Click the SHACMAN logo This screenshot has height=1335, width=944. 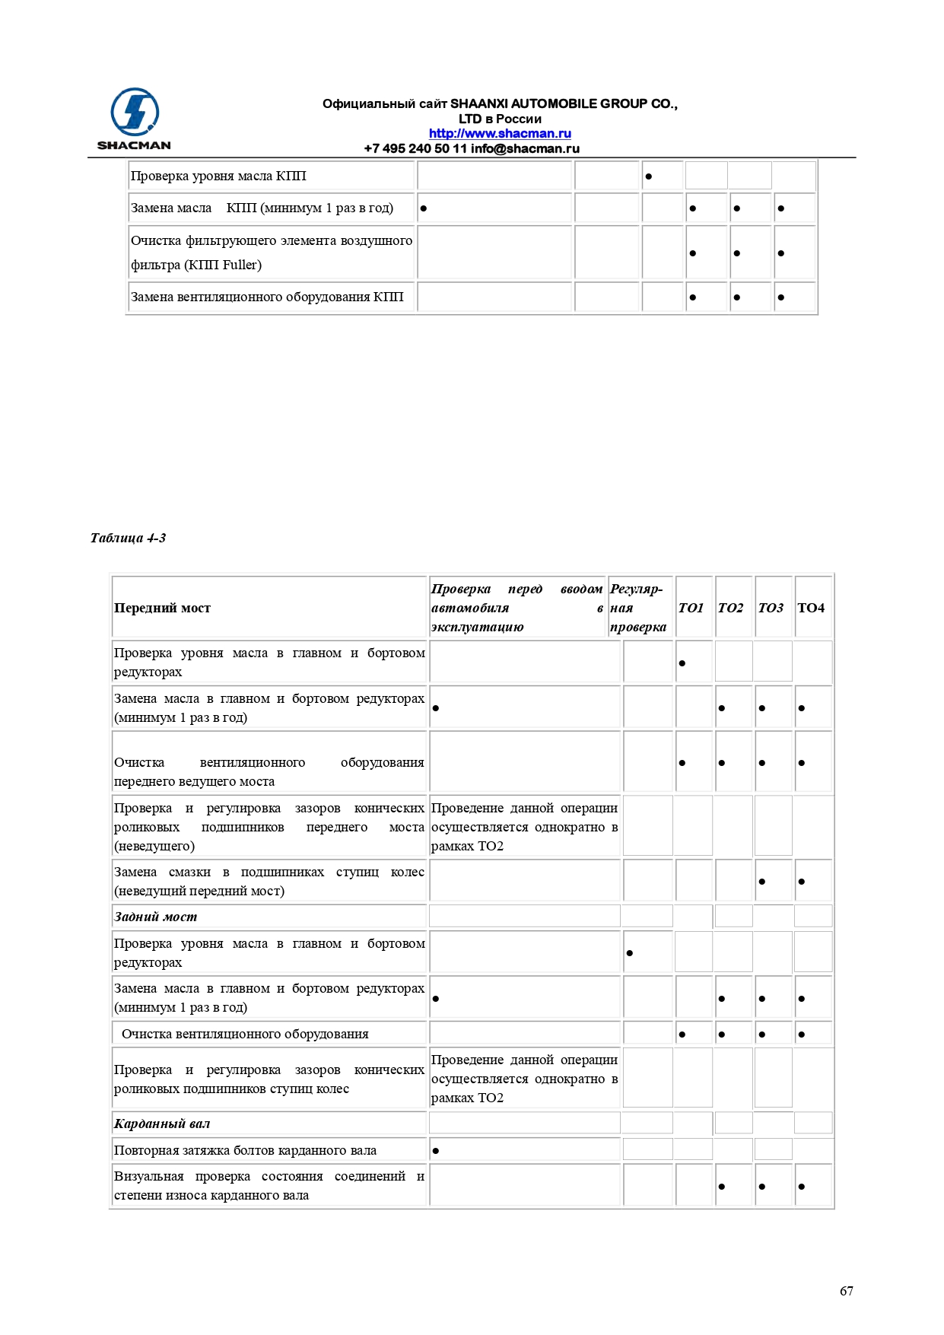point(135,118)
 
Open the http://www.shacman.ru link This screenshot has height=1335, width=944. point(499,134)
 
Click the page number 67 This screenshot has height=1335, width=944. point(846,1291)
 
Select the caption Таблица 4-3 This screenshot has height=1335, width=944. point(128,538)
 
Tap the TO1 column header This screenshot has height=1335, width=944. point(691,608)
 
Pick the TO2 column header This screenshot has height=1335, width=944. point(730,608)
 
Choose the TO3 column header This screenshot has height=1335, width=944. point(771,608)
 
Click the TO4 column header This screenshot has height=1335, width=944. point(811,608)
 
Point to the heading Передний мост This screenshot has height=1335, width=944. point(162,608)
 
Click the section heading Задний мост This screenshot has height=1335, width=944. point(155,917)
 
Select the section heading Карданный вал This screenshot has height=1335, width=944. point(162,1124)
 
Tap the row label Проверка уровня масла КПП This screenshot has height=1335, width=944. point(218,176)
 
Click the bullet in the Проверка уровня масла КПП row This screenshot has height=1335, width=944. point(648,176)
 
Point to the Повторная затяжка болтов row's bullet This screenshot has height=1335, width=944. point(435,1150)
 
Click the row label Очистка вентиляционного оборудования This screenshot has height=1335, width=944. point(245,1034)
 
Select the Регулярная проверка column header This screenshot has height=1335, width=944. point(637,608)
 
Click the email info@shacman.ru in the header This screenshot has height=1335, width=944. point(525,148)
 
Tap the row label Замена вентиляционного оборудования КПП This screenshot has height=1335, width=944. point(267,297)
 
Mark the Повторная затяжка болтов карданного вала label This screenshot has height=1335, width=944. point(245,1150)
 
